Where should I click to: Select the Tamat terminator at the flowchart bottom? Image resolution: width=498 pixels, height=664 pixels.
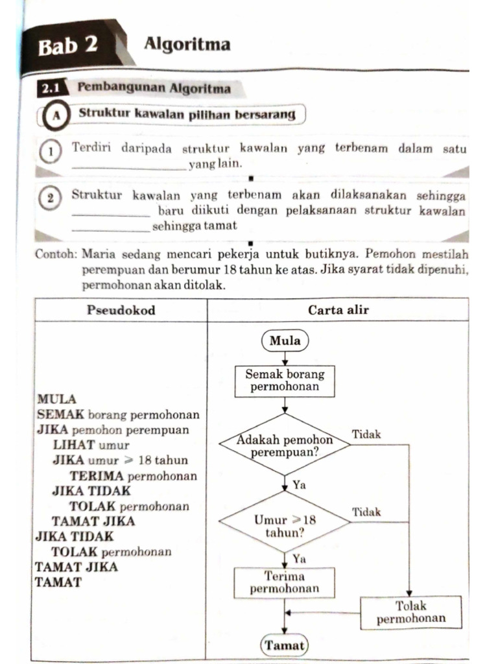click(285, 646)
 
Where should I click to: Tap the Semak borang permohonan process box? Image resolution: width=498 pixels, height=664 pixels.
click(285, 381)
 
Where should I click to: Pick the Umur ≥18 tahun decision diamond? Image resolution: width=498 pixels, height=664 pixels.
click(285, 525)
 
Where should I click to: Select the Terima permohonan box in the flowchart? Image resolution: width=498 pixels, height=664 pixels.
click(285, 582)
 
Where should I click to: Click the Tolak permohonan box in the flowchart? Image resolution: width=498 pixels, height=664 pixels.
click(411, 612)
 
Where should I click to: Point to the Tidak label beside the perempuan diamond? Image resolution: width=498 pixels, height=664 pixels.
click(366, 434)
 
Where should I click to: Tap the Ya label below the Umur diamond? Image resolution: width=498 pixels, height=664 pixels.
click(300, 558)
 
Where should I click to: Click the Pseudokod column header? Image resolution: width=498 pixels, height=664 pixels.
click(121, 310)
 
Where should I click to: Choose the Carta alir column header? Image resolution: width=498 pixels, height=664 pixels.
click(338, 310)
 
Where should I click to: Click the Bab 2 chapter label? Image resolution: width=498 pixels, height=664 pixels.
click(68, 47)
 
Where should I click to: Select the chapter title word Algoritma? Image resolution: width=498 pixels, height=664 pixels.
click(187, 45)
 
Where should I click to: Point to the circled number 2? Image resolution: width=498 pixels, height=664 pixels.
click(50, 197)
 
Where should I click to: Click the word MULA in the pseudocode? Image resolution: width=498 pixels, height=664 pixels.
click(57, 399)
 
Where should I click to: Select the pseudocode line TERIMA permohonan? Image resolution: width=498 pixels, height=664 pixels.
click(133, 476)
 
